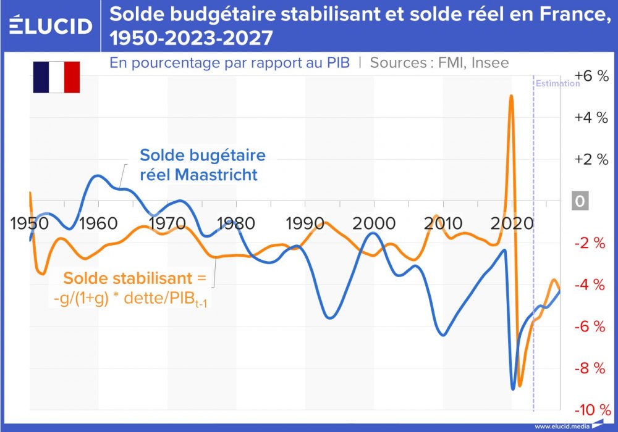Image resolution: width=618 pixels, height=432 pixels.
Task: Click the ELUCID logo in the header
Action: point(51,25)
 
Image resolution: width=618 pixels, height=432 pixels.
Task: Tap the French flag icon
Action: point(56,77)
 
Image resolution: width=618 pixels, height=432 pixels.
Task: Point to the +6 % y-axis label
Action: point(591,75)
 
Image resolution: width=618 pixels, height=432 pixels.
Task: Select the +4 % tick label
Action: point(591,117)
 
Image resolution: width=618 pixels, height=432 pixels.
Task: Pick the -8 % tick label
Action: point(591,368)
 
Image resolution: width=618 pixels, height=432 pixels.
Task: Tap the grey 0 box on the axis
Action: point(580,201)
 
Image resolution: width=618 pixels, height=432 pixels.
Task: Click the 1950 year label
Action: point(30,223)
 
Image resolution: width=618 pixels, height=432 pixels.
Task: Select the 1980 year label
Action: point(235,223)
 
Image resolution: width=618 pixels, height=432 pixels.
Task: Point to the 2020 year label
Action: point(509,223)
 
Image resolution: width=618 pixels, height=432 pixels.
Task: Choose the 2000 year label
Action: point(372,223)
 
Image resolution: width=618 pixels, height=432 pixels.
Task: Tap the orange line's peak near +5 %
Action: point(511,96)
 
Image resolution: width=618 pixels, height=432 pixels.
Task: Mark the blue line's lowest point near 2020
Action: point(513,389)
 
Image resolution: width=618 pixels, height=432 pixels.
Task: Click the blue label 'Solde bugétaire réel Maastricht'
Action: point(198,165)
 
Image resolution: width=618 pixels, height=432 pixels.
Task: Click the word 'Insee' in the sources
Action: point(488,62)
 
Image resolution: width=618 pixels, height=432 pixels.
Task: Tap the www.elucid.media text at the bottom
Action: point(561,426)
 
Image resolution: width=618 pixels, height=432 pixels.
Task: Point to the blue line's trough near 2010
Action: point(443,335)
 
